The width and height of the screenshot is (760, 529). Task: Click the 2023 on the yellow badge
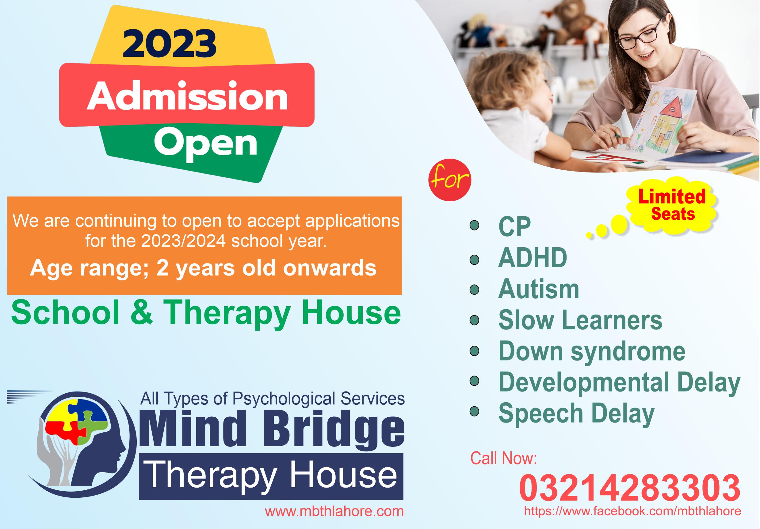[x=169, y=43]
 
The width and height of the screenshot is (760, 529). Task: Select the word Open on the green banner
[x=205, y=143]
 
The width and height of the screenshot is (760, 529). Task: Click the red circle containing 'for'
[x=449, y=180]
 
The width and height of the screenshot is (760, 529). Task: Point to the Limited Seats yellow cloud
[x=672, y=205]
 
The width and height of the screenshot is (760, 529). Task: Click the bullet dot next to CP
[x=474, y=226]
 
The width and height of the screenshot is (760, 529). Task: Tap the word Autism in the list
[x=538, y=289]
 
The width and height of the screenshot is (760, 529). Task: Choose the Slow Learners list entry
[x=580, y=320]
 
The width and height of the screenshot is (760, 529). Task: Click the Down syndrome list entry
[x=591, y=351]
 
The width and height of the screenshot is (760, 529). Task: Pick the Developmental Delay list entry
[x=619, y=383]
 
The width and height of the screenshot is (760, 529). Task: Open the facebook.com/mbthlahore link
[x=632, y=511]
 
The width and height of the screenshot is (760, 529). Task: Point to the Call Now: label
[x=503, y=458]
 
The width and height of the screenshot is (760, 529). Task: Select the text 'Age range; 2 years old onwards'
[x=203, y=268]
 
